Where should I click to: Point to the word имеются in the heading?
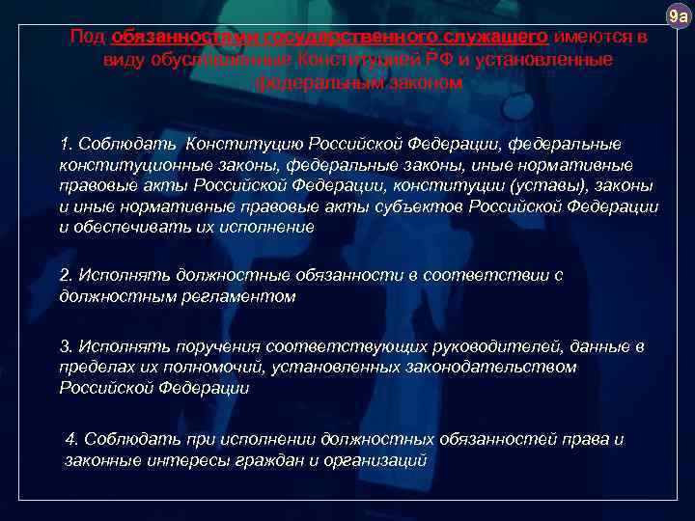tap(590, 37)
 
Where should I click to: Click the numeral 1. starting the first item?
tap(66, 145)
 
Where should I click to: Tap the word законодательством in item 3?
tap(494, 367)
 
